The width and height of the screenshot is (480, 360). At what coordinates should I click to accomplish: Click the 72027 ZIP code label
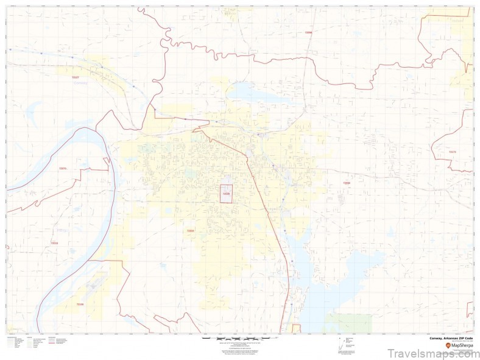[76, 77]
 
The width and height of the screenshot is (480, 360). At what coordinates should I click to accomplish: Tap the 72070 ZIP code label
[62, 168]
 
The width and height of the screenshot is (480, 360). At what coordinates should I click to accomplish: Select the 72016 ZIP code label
[55, 243]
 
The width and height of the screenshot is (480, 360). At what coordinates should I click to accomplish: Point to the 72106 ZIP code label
[80, 303]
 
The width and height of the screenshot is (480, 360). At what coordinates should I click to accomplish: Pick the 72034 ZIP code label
[190, 231]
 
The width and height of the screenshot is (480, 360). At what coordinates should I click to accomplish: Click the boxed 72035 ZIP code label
[226, 194]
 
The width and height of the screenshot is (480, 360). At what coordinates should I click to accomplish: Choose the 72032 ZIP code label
[347, 183]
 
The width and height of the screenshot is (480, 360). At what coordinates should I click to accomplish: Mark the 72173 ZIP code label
[451, 152]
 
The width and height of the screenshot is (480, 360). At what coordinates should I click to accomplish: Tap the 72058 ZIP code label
[308, 32]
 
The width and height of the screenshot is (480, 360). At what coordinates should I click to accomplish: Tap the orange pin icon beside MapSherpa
[448, 346]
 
